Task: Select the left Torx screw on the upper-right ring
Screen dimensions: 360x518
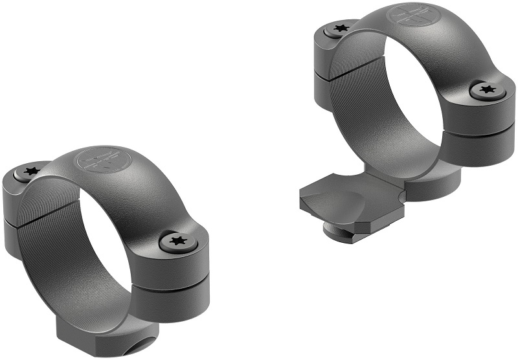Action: (x=337, y=28)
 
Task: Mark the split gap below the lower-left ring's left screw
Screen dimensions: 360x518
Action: (x=26, y=219)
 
